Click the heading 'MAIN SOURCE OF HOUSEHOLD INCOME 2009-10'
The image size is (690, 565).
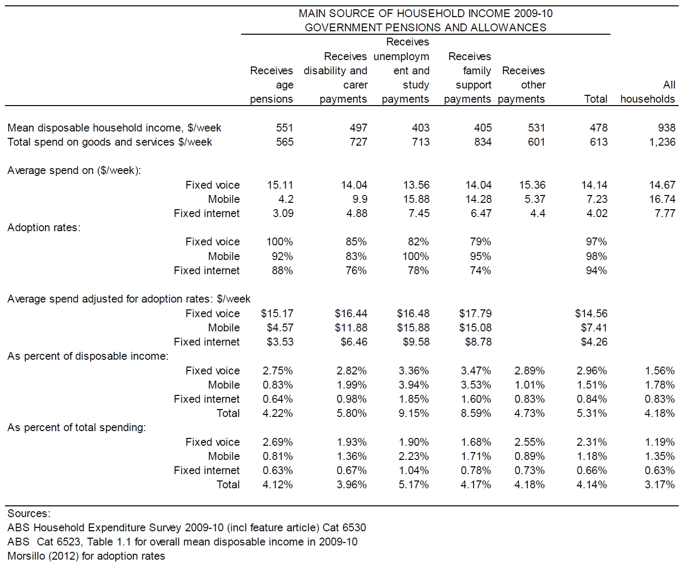(425, 13)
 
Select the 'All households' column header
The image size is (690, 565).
(648, 92)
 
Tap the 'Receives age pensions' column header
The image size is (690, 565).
(272, 85)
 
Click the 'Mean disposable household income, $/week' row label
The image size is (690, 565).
(114, 128)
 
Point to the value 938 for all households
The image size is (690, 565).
(667, 128)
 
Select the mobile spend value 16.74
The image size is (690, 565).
(662, 199)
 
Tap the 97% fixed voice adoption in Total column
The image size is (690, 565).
(596, 242)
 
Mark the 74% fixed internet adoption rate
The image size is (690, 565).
(481, 271)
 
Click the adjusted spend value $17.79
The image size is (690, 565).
(476, 314)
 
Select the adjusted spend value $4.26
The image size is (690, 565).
(594, 342)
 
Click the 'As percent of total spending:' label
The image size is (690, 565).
(77, 428)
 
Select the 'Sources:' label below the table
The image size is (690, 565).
(29, 514)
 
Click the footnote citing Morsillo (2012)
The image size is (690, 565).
(86, 556)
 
